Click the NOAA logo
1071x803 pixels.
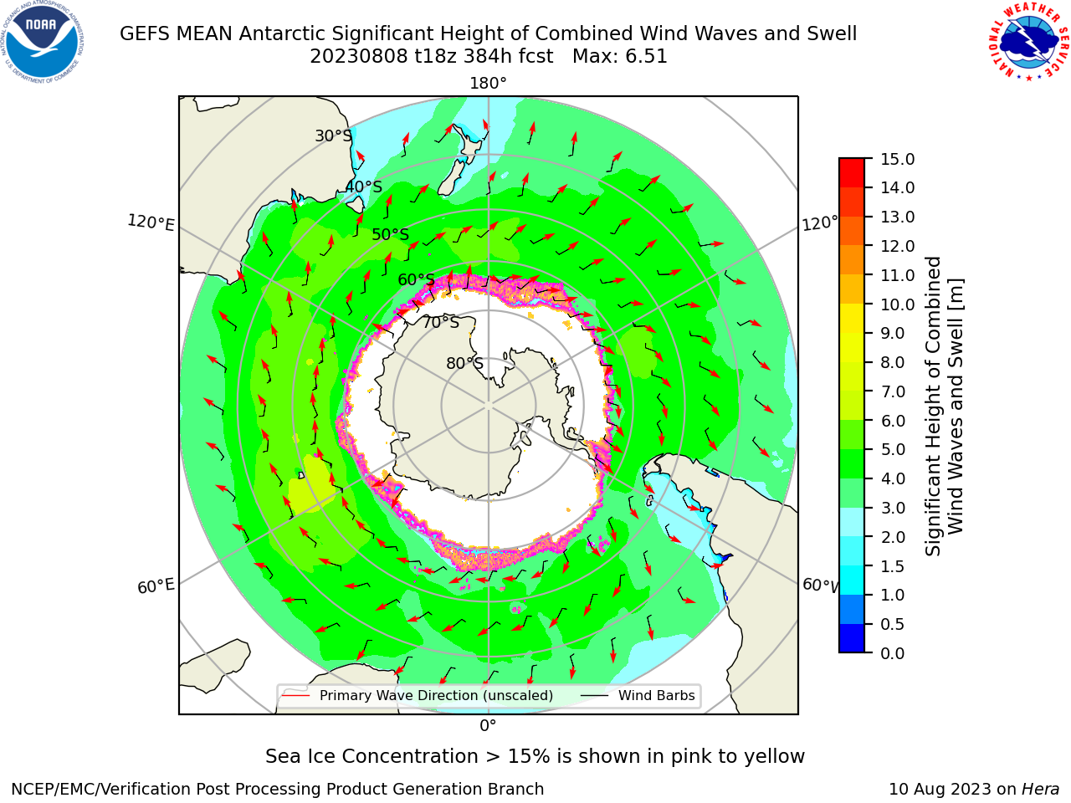[x=43, y=43]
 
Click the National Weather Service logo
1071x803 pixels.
[x=1028, y=42]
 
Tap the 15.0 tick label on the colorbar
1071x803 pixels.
[x=897, y=159]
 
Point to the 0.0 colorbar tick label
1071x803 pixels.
[x=893, y=652]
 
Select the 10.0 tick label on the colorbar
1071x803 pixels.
[x=897, y=304]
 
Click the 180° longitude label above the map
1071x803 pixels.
[x=488, y=84]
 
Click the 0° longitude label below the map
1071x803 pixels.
[x=488, y=726]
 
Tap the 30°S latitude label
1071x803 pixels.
[x=334, y=136]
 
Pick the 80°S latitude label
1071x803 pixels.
[x=464, y=363]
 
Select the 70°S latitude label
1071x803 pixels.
[x=441, y=322]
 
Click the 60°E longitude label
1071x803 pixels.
[x=156, y=586]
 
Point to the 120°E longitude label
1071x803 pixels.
[x=151, y=222]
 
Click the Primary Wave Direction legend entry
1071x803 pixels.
[x=418, y=695]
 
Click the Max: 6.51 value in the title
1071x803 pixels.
[x=620, y=57]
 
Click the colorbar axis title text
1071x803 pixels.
[x=945, y=406]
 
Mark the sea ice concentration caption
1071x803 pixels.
[x=535, y=756]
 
